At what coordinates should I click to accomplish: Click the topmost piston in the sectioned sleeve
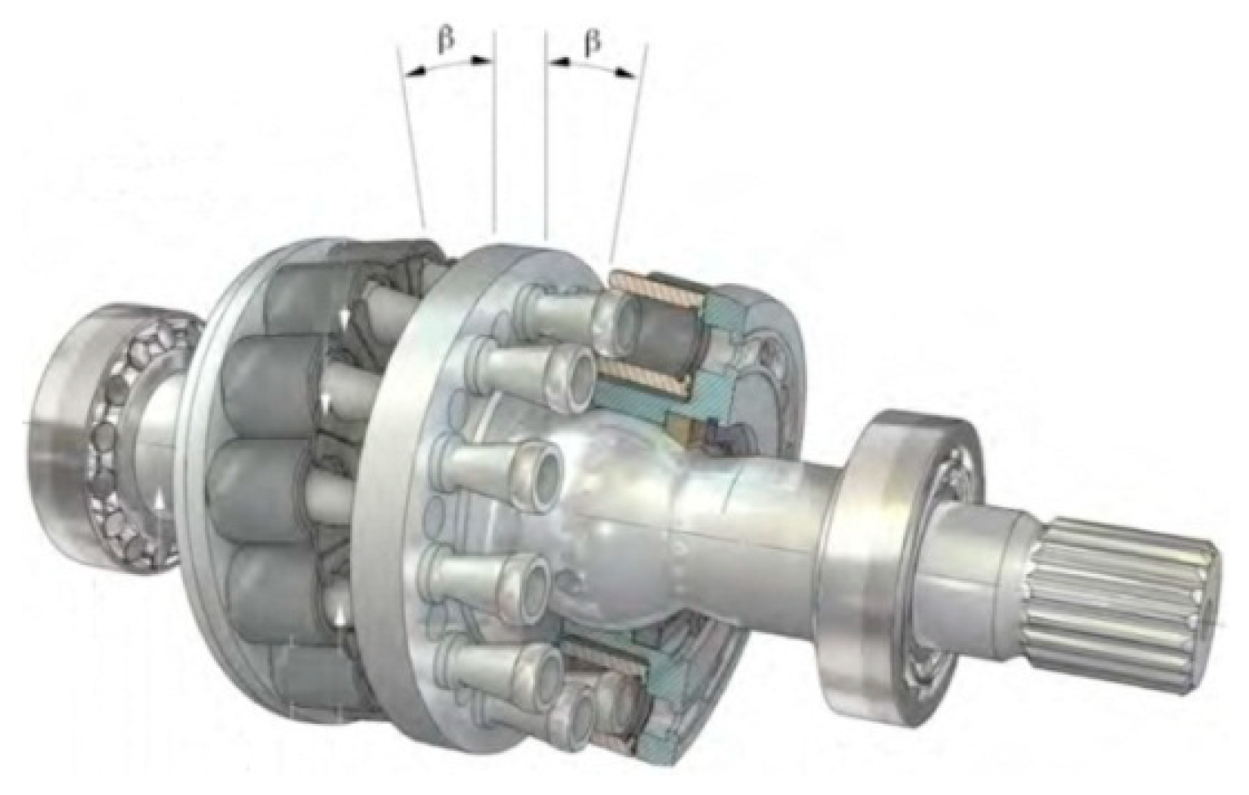coord(658,328)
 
